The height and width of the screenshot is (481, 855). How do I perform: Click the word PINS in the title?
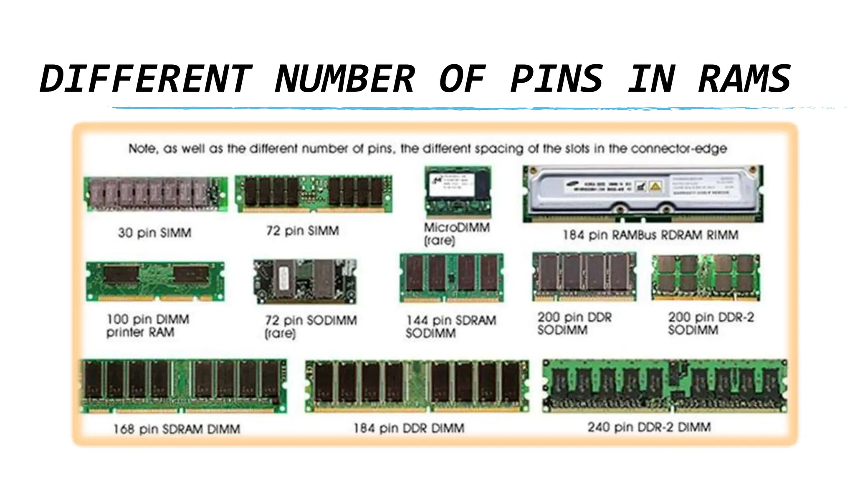pyautogui.click(x=557, y=79)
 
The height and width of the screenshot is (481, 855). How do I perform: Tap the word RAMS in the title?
pyautogui.click(x=744, y=79)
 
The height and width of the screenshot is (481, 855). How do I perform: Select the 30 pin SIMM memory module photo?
pyautogui.click(x=155, y=194)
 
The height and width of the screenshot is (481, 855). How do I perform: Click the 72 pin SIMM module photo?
pyautogui.click(x=314, y=193)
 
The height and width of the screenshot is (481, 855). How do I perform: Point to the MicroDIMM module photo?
pyautogui.click(x=458, y=192)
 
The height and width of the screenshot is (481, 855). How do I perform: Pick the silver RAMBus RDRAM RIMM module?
pyautogui.click(x=643, y=194)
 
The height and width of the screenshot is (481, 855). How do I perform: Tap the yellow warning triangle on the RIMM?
pyautogui.click(x=655, y=186)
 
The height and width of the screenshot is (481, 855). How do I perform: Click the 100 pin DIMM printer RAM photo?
pyautogui.click(x=155, y=281)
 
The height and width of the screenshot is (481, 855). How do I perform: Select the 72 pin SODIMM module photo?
pyautogui.click(x=305, y=281)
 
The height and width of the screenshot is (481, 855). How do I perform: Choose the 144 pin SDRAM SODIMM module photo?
pyautogui.click(x=451, y=278)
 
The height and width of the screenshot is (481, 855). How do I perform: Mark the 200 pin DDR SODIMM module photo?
pyautogui.click(x=584, y=276)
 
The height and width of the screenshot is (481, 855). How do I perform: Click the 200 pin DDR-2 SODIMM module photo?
pyautogui.click(x=706, y=277)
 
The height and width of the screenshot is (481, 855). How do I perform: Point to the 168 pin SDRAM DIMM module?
pyautogui.click(x=184, y=386)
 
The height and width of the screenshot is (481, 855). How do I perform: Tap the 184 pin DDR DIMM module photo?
pyautogui.click(x=417, y=386)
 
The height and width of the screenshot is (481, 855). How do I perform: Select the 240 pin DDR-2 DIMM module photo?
pyautogui.click(x=665, y=386)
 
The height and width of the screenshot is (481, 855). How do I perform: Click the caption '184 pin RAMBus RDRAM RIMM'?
pyautogui.click(x=650, y=235)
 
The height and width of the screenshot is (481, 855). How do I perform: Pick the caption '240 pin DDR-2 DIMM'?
pyautogui.click(x=649, y=427)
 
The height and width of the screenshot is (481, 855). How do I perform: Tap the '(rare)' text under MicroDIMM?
pyautogui.click(x=439, y=241)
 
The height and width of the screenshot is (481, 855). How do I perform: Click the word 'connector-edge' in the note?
pyautogui.click(x=679, y=149)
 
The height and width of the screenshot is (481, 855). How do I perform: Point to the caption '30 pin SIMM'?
pyautogui.click(x=154, y=233)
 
